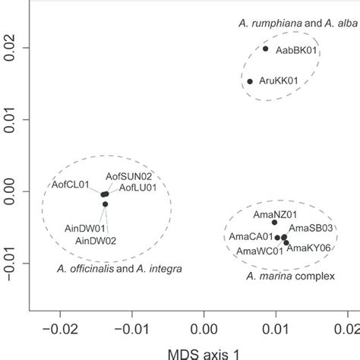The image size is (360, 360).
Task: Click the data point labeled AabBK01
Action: [265, 49]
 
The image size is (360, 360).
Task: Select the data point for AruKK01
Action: [250, 81]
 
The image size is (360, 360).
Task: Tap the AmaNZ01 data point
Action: [275, 222]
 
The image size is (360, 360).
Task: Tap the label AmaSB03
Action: [310, 227]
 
